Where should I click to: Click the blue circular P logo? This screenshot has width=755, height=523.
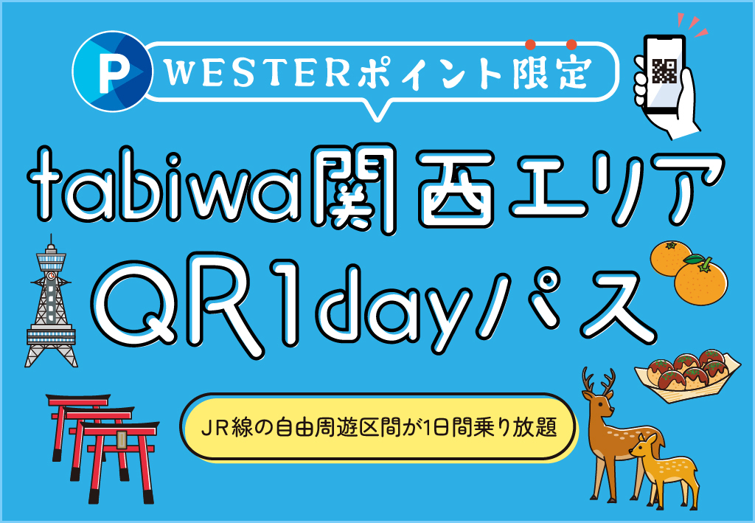[112, 72]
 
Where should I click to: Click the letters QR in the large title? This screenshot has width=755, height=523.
[192, 298]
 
